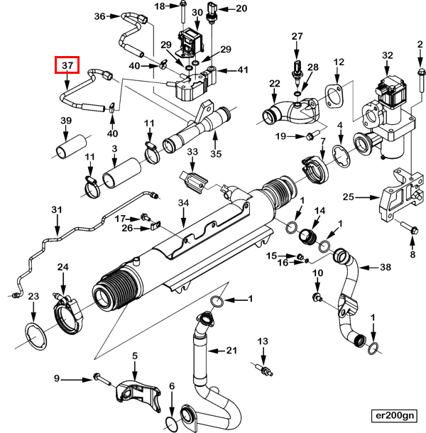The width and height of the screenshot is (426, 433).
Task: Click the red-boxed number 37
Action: pyautogui.click(x=68, y=66)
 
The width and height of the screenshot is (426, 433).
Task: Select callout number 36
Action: pyautogui.click(x=99, y=16)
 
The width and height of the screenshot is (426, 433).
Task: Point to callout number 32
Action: pyautogui.click(x=387, y=55)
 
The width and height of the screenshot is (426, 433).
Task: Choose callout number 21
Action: pyautogui.click(x=231, y=351)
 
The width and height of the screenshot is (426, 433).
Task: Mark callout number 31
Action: pyautogui.click(x=57, y=211)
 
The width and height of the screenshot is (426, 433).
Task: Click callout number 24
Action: pyautogui.click(x=62, y=268)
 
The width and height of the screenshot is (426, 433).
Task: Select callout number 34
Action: pyautogui.click(x=183, y=204)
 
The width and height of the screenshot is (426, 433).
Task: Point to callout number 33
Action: pyautogui.click(x=192, y=153)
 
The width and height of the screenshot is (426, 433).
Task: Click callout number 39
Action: pyautogui.click(x=65, y=121)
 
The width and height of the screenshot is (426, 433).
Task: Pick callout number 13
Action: pyautogui.click(x=263, y=342)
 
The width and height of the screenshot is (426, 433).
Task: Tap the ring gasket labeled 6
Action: pyautogui.click(x=171, y=424)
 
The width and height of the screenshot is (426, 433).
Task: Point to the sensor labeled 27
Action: pyautogui.click(x=296, y=67)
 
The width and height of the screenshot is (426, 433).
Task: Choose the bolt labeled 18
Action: pyautogui.click(x=182, y=14)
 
